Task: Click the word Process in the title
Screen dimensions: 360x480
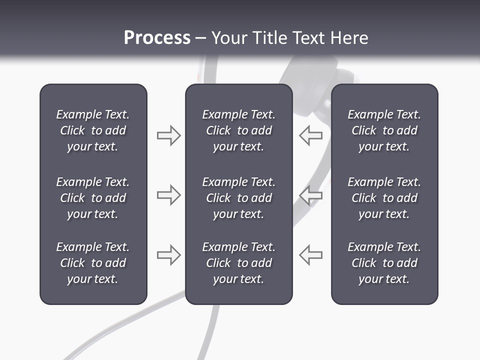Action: point(157,38)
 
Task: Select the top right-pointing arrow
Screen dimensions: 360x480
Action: point(168,135)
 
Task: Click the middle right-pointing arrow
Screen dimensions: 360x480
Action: point(168,195)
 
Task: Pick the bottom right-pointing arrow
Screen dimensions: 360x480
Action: point(168,255)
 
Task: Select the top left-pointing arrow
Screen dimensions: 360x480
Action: point(311,135)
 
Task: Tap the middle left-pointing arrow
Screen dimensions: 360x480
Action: point(311,195)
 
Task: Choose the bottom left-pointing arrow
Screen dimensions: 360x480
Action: point(311,255)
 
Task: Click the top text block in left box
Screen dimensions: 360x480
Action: point(93,130)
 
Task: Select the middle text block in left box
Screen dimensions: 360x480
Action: point(93,198)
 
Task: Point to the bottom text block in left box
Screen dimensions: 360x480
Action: point(93,263)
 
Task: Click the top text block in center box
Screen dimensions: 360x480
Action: point(238,130)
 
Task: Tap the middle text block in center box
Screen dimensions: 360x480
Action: point(238,198)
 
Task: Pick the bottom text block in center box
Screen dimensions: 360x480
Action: point(238,263)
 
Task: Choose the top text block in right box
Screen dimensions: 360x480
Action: point(384,130)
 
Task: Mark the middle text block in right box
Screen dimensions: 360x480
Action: point(384,198)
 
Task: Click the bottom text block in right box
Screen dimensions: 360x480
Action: point(384,263)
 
